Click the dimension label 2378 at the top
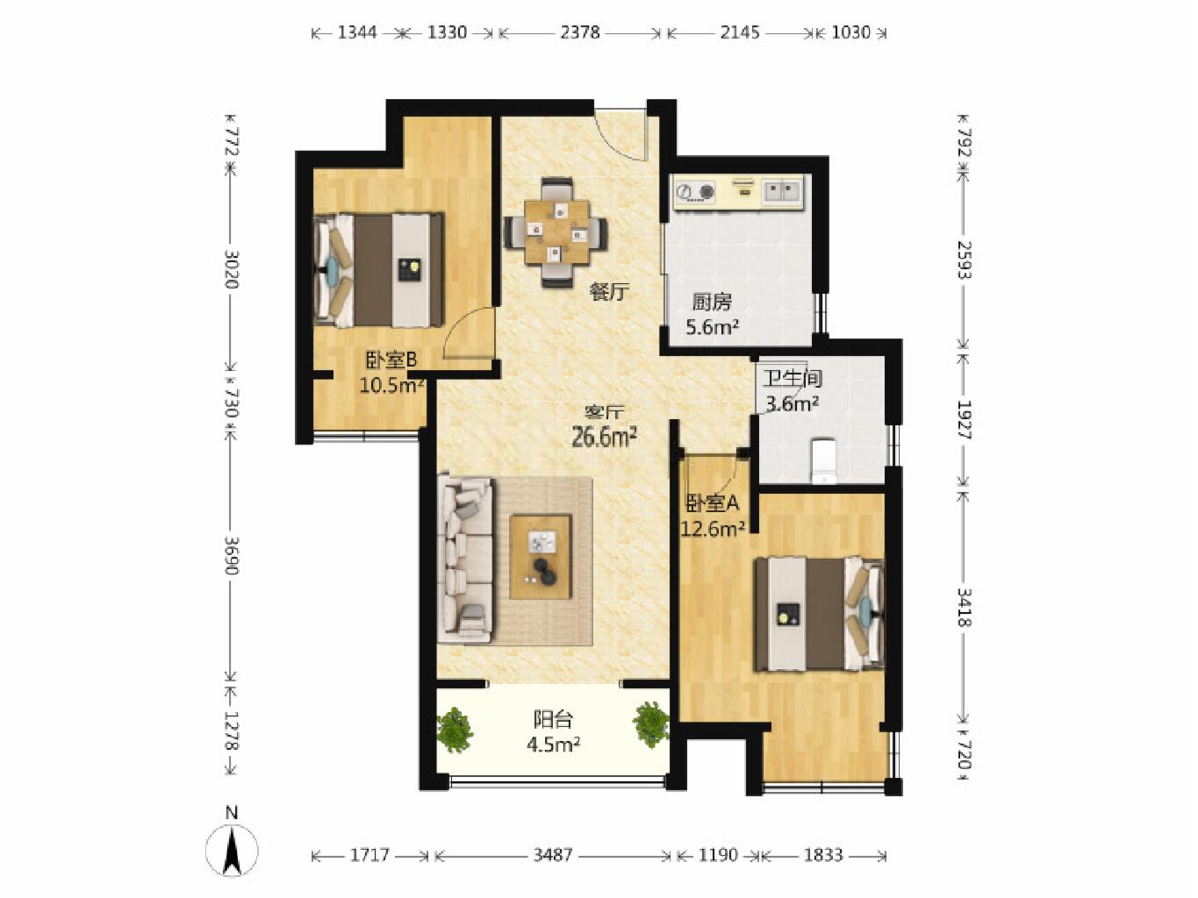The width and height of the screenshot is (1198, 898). pyautogui.click(x=580, y=32)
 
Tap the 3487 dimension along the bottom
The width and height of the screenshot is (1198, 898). pyautogui.click(x=552, y=854)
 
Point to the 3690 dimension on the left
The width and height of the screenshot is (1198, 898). pyautogui.click(x=232, y=556)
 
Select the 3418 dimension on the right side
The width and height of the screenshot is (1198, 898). pyautogui.click(x=965, y=608)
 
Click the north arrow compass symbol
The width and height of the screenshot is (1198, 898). pyautogui.click(x=232, y=848)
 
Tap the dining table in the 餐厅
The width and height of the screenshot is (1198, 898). pyautogui.click(x=556, y=232)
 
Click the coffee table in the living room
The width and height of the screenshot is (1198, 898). pyautogui.click(x=541, y=557)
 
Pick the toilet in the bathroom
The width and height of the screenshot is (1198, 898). pyautogui.click(x=824, y=461)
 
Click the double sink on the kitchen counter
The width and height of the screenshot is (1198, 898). pyautogui.click(x=783, y=191)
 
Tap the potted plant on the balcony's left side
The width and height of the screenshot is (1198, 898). pyautogui.click(x=455, y=731)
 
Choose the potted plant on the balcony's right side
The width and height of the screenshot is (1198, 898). pyautogui.click(x=651, y=724)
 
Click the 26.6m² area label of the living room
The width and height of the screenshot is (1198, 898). pyautogui.click(x=604, y=437)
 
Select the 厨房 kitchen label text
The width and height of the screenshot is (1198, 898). pyautogui.click(x=711, y=302)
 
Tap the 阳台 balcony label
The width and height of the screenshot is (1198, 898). pyautogui.click(x=553, y=720)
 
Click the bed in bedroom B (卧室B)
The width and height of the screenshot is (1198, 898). pyautogui.click(x=379, y=270)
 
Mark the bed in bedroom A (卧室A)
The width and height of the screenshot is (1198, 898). pyautogui.click(x=819, y=614)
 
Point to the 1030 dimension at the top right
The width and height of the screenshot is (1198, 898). pyautogui.click(x=850, y=32)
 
